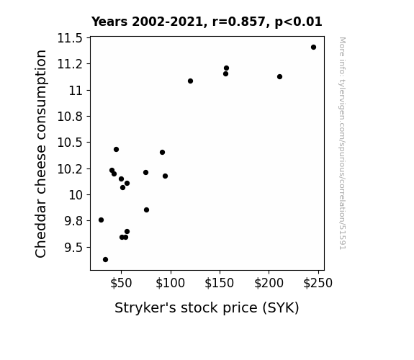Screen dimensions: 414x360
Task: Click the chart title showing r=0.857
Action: pyautogui.click(x=207, y=22)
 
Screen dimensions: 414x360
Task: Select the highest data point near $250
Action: pyautogui.click(x=313, y=48)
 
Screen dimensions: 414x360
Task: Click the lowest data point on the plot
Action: pyautogui.click(x=105, y=260)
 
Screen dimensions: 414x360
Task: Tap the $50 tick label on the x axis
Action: pyautogui.click(x=121, y=283)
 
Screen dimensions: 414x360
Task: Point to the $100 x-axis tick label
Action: pyautogui.click(x=171, y=283)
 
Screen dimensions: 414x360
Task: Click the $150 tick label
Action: pyautogui.click(x=220, y=283)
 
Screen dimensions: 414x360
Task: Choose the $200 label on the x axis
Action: pyautogui.click(x=269, y=283)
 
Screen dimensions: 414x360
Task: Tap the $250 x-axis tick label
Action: pyautogui.click(x=318, y=283)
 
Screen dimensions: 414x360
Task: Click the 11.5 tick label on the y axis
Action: pyautogui.click(x=70, y=38)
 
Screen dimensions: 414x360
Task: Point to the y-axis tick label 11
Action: pyautogui.click(x=76, y=91)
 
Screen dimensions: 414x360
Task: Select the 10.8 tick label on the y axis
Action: pyautogui.click(x=70, y=117)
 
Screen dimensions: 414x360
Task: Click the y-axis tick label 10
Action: pyautogui.click(x=76, y=195)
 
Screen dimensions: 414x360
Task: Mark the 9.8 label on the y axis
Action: pyautogui.click(x=73, y=221)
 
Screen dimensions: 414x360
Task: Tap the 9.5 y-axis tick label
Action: pyautogui.click(x=73, y=248)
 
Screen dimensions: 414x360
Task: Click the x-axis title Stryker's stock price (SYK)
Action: pyautogui.click(x=207, y=308)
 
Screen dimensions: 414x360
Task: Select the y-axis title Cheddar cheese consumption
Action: pyautogui.click(x=40, y=153)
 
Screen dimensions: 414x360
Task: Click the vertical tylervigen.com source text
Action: pyautogui.click(x=342, y=143)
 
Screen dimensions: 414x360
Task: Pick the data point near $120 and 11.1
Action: pyautogui.click(x=190, y=81)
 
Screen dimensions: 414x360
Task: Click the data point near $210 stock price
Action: pyautogui.click(x=279, y=76)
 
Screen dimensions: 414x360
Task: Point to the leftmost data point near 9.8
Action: pyautogui.click(x=101, y=220)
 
